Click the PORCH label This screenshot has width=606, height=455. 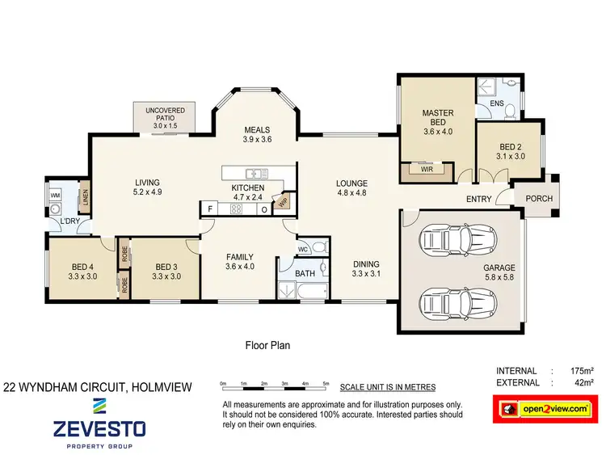click(x=539, y=199)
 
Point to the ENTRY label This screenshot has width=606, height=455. click(x=479, y=200)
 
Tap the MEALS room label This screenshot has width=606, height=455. click(x=257, y=135)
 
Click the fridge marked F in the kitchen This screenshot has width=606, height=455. click(x=210, y=209)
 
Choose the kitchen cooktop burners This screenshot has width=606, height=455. click(x=238, y=209)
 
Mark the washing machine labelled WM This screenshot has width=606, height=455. click(x=55, y=196)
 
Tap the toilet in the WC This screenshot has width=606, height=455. click(x=319, y=247)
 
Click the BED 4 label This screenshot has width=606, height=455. click(x=83, y=271)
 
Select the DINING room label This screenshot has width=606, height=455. click(x=365, y=269)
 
